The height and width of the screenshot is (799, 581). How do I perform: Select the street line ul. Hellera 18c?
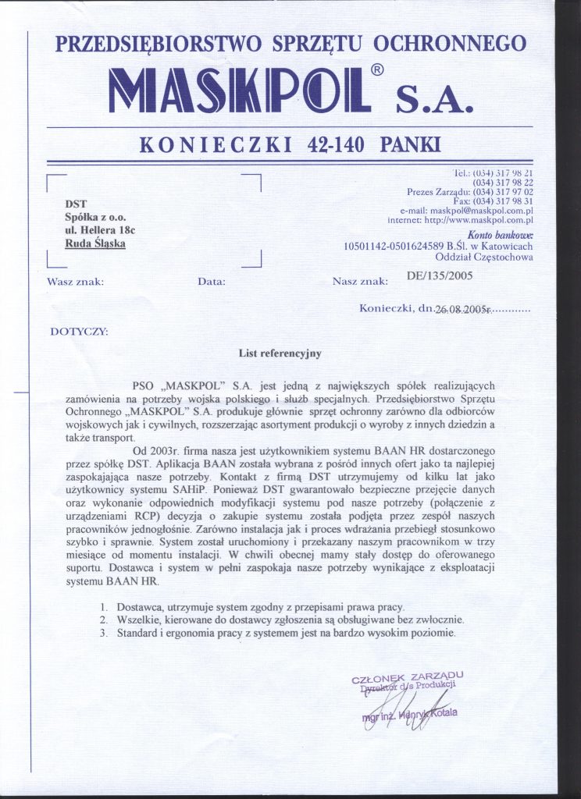100,230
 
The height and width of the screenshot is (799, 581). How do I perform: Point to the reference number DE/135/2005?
440,275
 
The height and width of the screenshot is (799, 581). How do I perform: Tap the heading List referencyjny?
280,353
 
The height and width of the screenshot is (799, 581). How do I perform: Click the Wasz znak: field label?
75,281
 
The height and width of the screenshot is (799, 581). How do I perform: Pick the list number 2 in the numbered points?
102,620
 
